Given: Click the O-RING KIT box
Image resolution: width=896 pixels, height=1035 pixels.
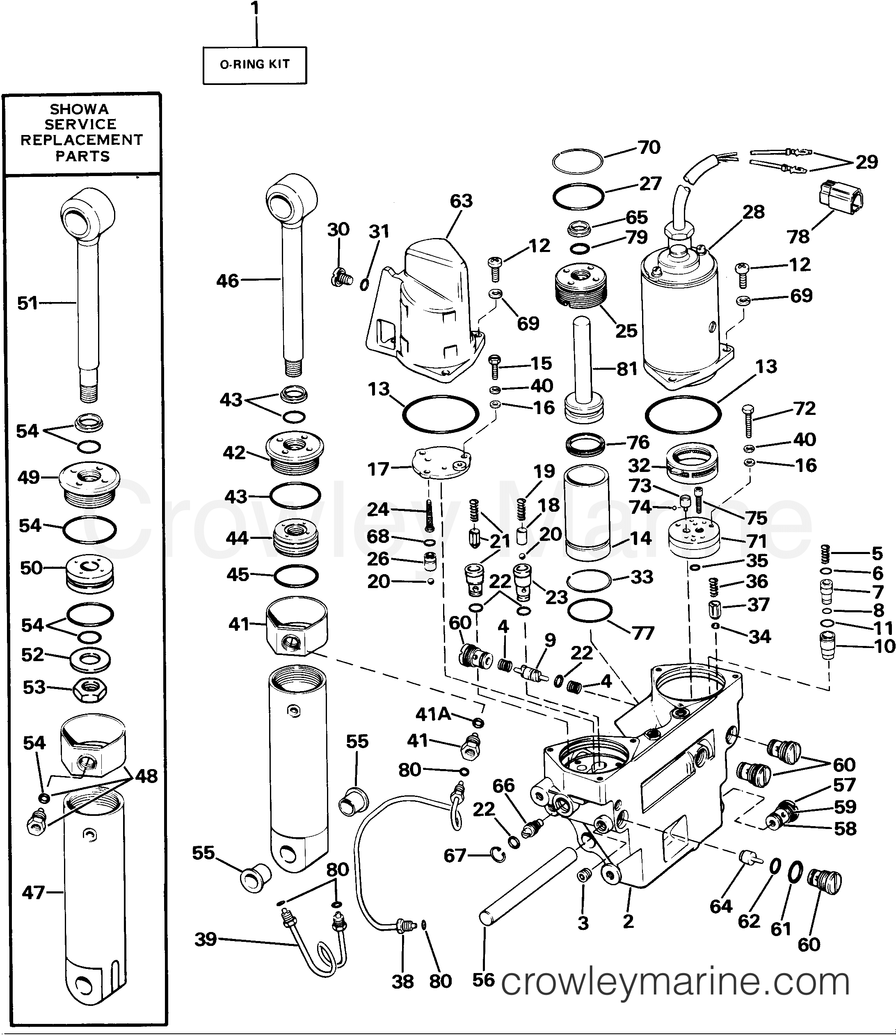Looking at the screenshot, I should [x=254, y=65].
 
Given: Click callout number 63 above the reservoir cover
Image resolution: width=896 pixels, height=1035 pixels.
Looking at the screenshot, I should [x=460, y=201].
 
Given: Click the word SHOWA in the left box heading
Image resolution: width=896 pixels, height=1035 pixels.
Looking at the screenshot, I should [x=79, y=109].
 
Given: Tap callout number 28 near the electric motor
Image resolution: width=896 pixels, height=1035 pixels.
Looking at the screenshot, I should [x=753, y=212].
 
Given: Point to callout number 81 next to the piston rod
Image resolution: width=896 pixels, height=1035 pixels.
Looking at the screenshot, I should [x=626, y=369].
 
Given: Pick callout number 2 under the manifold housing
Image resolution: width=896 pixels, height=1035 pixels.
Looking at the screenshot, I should [x=628, y=921].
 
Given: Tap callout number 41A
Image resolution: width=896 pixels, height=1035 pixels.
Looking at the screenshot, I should [x=433, y=714].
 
